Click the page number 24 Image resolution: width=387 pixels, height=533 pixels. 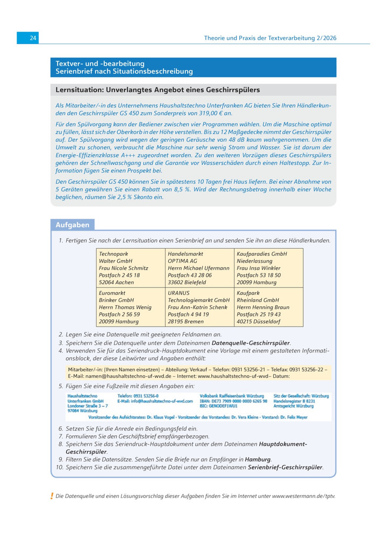click(33, 38)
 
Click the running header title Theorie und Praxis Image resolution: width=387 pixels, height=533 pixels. click(270, 38)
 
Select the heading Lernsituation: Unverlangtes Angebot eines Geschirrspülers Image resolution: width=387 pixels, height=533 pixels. click(158, 90)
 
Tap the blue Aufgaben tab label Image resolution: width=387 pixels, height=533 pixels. click(72, 225)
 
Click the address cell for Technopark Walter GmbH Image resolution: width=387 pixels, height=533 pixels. click(131, 266)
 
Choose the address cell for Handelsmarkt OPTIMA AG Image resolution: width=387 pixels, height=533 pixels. click(199, 266)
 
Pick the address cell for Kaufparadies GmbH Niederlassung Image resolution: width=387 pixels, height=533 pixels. click(268, 266)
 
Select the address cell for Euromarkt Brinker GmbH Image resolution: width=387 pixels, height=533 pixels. click(131, 306)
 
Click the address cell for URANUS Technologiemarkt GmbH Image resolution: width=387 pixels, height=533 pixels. click(199, 306)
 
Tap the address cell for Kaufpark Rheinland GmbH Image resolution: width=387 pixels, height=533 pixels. click(268, 306)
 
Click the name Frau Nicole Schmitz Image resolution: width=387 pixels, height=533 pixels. click(123, 268)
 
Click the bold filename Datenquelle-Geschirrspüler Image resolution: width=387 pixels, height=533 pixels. click(251, 343)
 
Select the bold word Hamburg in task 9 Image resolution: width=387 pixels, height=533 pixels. click(257, 459)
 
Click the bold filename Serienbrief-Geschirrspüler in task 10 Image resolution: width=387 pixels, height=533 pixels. click(285, 467)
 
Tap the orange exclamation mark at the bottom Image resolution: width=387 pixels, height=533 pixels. click(52, 495)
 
